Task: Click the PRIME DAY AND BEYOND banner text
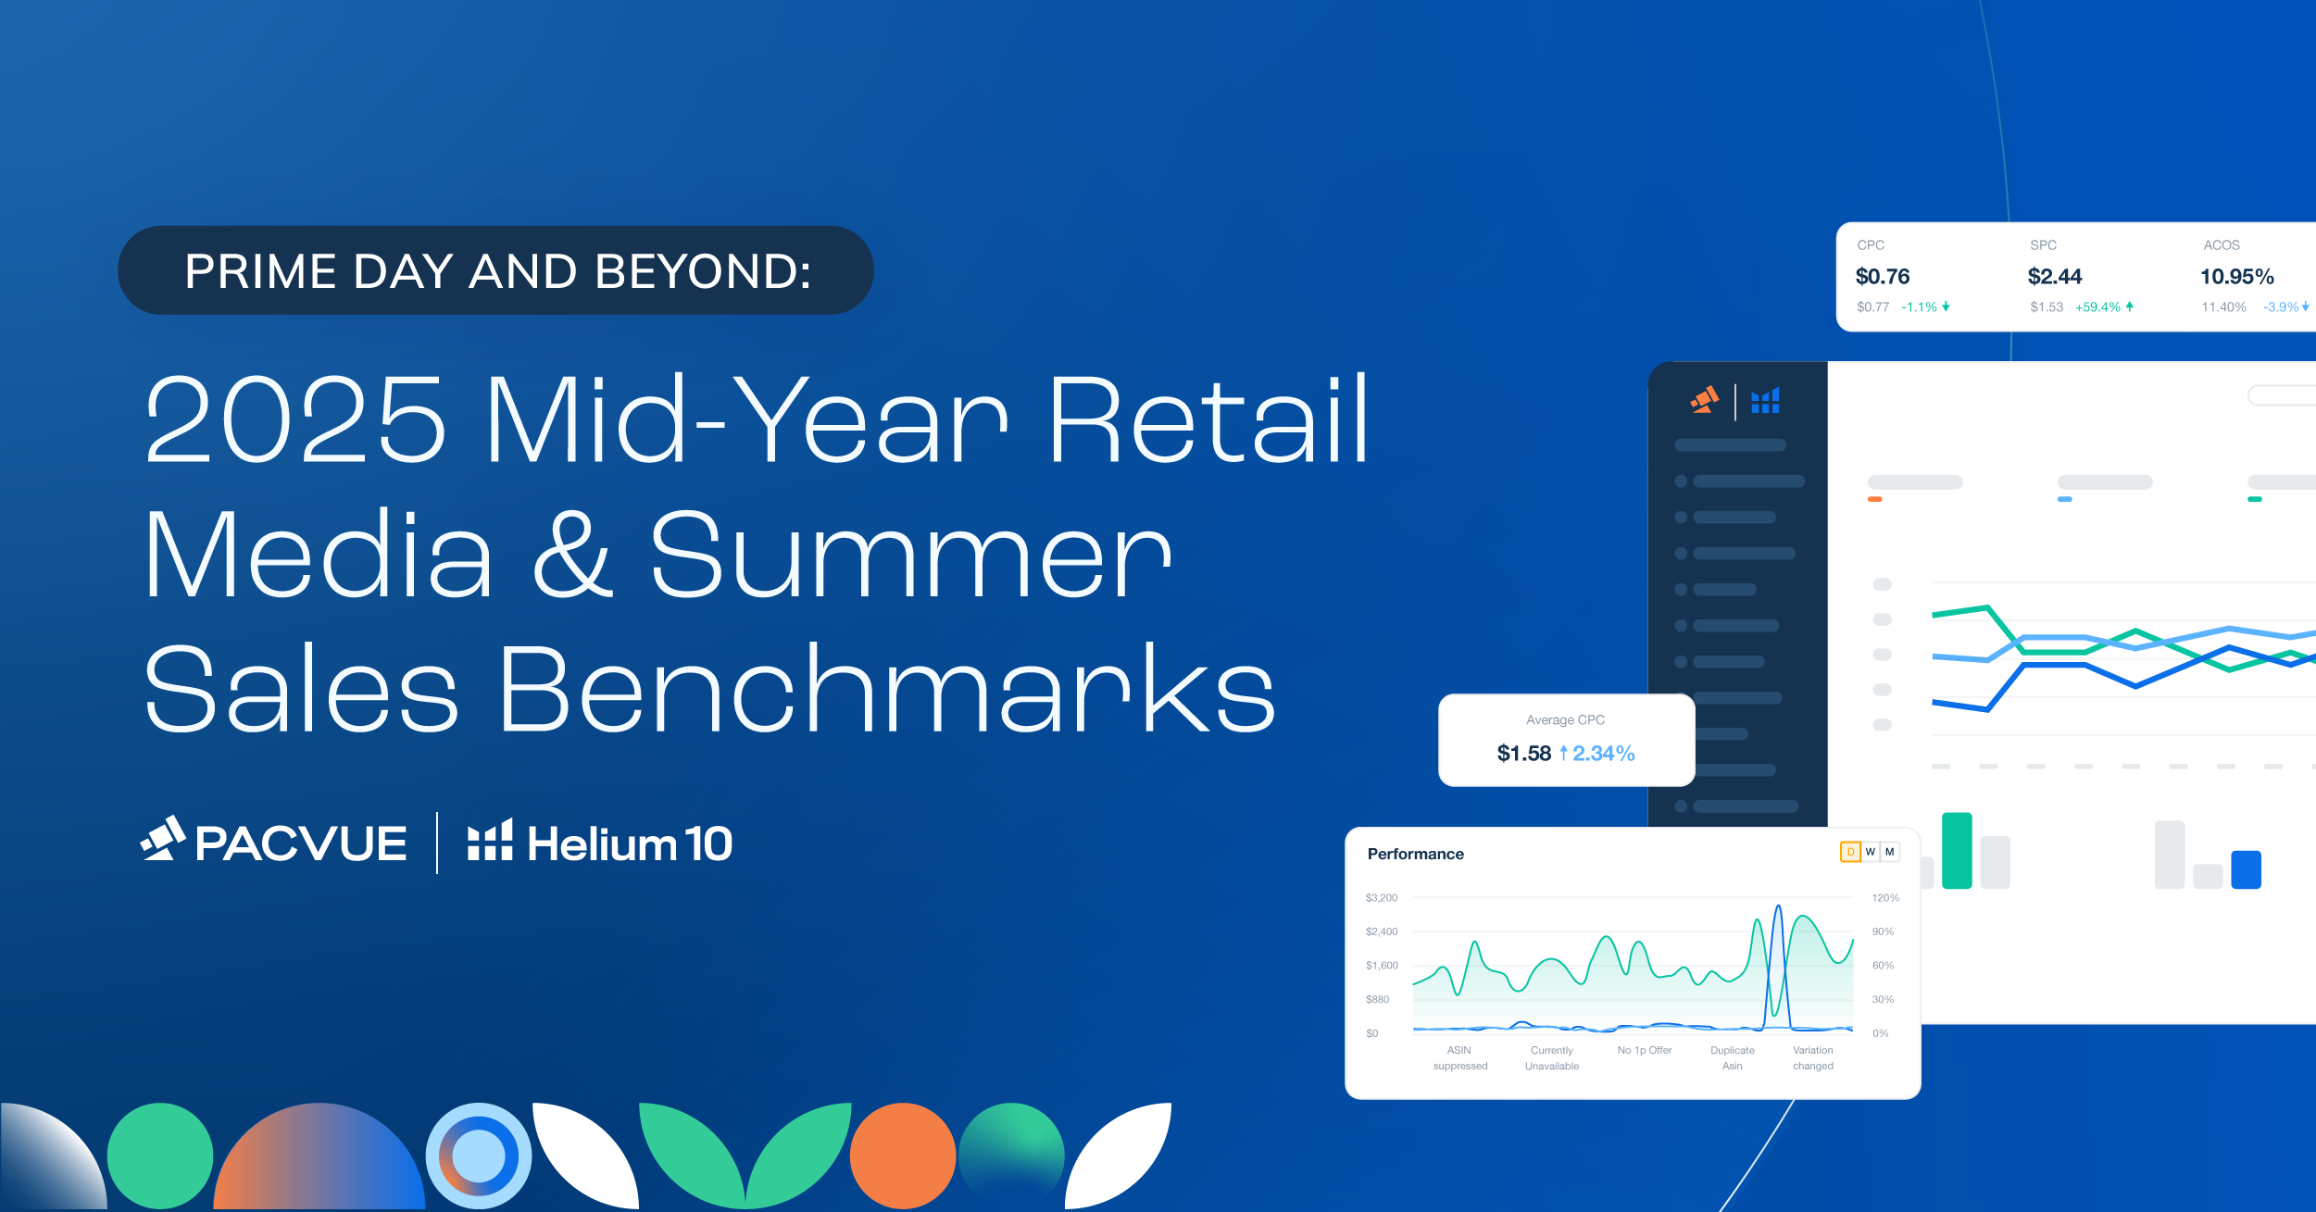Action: (x=498, y=271)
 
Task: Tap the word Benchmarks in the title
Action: (x=887, y=688)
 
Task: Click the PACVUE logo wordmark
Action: (x=301, y=843)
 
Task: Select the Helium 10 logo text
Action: (x=630, y=843)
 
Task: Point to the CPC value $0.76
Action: (x=1883, y=276)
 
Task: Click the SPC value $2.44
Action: (x=2055, y=276)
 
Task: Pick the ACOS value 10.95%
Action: (x=2237, y=276)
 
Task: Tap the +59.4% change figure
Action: (x=2097, y=306)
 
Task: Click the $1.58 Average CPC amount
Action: (x=1524, y=753)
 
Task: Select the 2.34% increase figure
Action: (x=1604, y=753)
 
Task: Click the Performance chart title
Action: (x=1416, y=854)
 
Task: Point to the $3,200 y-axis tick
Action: (x=1382, y=897)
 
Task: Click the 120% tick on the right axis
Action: (x=1885, y=897)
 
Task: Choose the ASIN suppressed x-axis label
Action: (x=1460, y=1057)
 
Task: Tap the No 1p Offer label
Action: (x=1645, y=1050)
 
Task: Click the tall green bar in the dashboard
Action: (x=1957, y=850)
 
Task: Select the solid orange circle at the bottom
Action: (x=903, y=1156)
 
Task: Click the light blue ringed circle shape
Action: (x=479, y=1156)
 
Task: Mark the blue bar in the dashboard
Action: (x=2247, y=869)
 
